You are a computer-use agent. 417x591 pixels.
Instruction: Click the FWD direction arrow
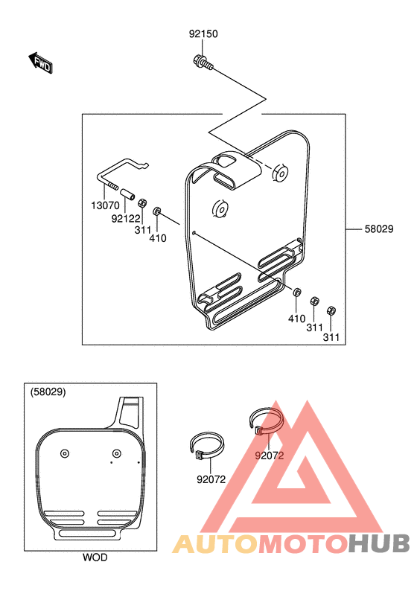pos(41,63)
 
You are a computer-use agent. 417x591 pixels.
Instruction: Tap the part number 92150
pos(203,34)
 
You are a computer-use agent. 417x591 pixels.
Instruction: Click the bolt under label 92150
pos(203,63)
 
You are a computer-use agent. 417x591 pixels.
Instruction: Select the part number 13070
pos(105,205)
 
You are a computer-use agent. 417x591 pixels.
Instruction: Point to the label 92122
pos(126,218)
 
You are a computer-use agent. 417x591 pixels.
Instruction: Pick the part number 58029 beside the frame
pos(379,229)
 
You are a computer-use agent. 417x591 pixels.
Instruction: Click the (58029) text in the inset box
pos(48,392)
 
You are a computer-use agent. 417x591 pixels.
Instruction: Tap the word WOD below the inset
pos(95,557)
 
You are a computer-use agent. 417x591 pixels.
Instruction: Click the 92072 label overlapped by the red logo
pos(270,456)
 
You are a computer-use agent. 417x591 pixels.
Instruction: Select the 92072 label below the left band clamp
pos(211,479)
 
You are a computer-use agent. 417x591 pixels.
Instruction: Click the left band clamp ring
pos(206,446)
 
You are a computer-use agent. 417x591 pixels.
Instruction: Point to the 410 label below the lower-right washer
pos(296,319)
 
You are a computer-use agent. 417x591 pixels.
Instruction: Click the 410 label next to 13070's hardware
pos(158,238)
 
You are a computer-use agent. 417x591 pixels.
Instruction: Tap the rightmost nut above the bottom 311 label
pos(331,311)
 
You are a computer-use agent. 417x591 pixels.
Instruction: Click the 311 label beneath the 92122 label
pos(143,229)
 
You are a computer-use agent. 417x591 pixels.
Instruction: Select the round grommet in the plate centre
pos(220,208)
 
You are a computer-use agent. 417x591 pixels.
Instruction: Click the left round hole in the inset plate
pos(65,453)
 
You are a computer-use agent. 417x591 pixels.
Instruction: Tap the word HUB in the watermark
pos(378,543)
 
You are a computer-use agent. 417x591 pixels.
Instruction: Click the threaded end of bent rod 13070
pos(111,185)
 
